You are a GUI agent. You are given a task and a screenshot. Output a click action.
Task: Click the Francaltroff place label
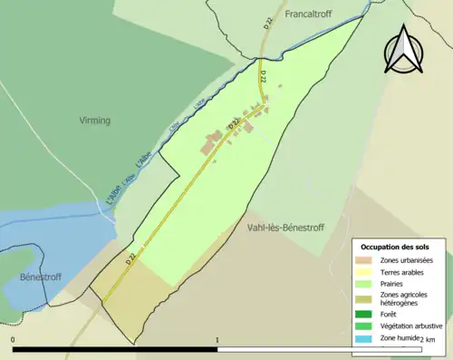[311, 15]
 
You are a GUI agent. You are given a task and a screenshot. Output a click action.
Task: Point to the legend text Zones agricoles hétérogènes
[404, 298]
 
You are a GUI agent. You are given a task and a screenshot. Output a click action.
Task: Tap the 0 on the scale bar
[14, 341]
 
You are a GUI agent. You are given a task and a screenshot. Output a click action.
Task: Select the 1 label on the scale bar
[217, 341]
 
